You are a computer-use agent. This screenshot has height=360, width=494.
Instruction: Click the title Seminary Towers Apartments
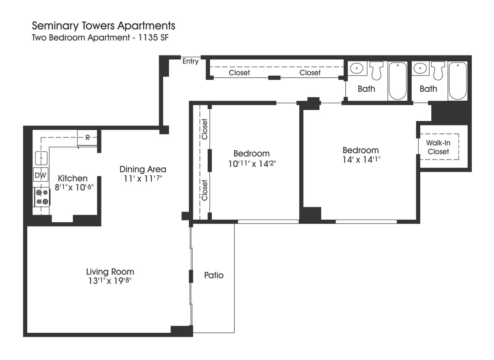104,26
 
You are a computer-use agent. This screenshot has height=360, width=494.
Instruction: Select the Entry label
191,61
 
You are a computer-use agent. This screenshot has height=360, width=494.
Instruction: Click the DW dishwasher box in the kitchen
40,175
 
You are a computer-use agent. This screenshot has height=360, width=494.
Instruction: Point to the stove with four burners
42,197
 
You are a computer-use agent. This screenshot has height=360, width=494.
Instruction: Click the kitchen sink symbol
41,157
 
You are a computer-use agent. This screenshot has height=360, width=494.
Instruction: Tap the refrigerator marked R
87,138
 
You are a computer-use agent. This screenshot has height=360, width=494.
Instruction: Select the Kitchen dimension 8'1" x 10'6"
74,187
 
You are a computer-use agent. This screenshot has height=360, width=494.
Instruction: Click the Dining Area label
143,169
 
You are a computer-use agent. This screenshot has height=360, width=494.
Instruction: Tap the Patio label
214,275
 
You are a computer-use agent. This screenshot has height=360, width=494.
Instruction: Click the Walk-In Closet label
439,147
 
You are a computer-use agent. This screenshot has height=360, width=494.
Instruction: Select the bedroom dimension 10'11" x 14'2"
251,163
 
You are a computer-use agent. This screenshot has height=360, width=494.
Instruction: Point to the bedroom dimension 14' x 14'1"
361,160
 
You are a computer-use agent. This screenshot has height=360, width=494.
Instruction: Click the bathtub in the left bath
397,81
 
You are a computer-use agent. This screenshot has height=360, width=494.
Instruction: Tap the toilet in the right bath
438,70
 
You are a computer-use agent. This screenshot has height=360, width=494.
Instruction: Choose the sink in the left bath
357,68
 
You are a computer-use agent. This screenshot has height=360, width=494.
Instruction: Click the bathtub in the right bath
458,81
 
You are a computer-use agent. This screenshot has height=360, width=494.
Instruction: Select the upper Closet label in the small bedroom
205,129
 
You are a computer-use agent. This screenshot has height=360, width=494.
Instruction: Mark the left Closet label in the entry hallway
239,73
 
